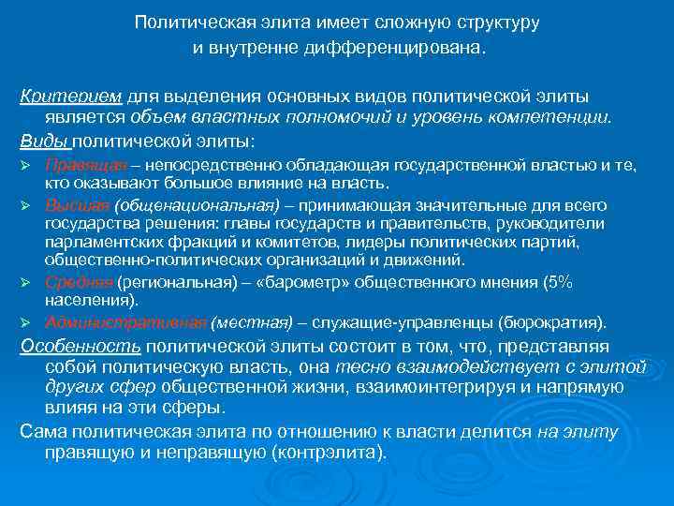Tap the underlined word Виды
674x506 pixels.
(44, 141)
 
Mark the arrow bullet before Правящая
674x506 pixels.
(26, 166)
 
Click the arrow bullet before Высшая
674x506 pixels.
(26, 206)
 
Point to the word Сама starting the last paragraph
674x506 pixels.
(38, 431)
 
